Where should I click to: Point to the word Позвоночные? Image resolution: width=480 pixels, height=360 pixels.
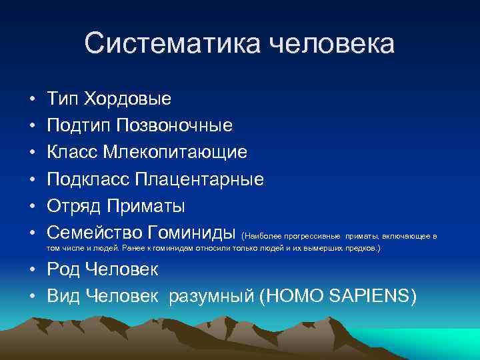175,126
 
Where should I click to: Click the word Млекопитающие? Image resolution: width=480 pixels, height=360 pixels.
175,153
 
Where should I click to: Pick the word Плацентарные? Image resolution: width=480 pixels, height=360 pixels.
199,179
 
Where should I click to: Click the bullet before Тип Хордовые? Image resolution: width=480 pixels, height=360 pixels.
32,99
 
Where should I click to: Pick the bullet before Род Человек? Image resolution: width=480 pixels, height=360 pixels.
32,269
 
